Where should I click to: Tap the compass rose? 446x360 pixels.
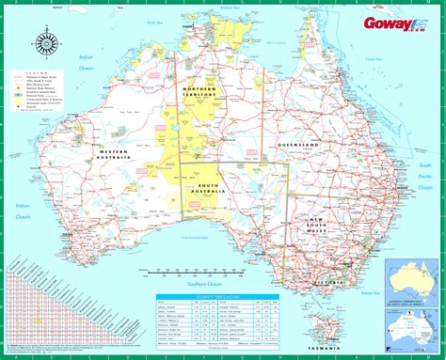(x=44, y=42)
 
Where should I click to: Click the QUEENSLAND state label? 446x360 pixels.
(x=298, y=145)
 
